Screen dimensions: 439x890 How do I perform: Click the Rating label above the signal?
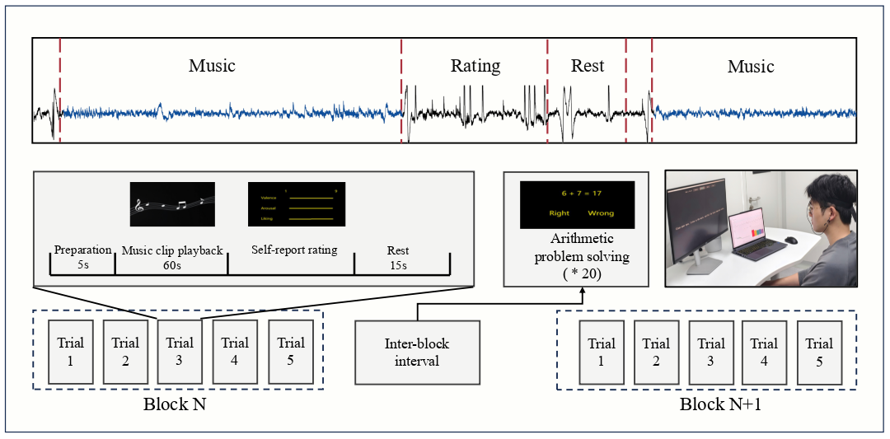(x=475, y=66)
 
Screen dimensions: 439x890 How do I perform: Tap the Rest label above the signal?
(x=588, y=66)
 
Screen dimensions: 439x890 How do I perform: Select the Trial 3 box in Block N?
(x=180, y=352)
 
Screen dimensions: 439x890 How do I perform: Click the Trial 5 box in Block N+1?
(x=819, y=353)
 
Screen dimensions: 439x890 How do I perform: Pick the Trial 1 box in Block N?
(x=71, y=352)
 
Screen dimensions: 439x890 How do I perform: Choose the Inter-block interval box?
(x=417, y=353)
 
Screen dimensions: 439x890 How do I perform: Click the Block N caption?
(x=176, y=404)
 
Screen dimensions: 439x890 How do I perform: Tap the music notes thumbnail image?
(x=172, y=204)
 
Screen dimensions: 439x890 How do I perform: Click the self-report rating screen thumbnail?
(x=297, y=204)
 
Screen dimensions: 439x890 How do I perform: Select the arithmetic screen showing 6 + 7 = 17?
(x=577, y=204)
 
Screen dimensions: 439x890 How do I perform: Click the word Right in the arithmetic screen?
(x=560, y=213)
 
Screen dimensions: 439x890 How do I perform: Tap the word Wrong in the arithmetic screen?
(x=601, y=213)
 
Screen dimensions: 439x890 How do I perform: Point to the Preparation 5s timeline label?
(x=82, y=257)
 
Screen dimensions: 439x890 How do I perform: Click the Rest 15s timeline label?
(x=398, y=257)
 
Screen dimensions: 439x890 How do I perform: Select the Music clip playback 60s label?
(x=171, y=257)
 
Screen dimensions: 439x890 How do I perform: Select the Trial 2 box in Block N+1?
(x=656, y=353)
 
